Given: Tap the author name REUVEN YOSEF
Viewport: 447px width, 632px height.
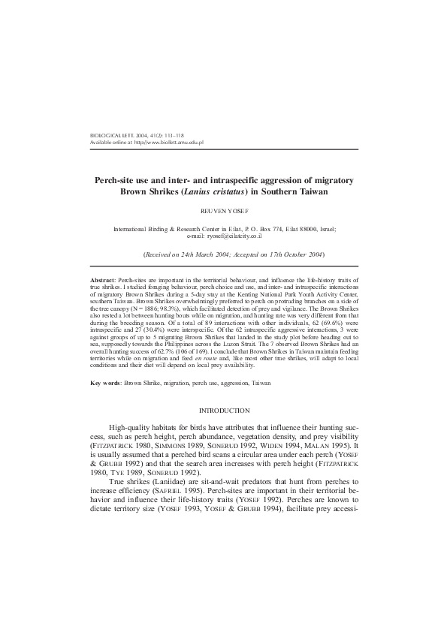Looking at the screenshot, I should pos(224,212).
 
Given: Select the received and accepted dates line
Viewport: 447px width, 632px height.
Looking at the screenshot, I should pos(224,255).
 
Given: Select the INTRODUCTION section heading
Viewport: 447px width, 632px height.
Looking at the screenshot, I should pos(224,411).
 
